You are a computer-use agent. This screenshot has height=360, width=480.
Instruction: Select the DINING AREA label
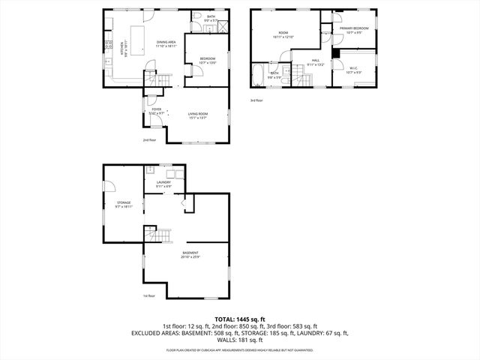[x=166, y=43]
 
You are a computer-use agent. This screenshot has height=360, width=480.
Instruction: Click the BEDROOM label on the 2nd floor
[x=208, y=60]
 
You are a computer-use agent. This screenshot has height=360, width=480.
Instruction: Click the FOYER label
[x=156, y=110]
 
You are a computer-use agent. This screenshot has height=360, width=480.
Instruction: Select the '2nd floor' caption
[x=149, y=139]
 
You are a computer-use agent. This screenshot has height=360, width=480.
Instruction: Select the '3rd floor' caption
[x=256, y=100]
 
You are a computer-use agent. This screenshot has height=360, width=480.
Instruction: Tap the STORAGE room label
[x=124, y=204]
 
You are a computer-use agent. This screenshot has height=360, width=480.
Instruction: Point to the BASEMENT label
[x=190, y=255]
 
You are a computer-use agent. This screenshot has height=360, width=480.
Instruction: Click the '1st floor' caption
[x=149, y=295]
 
